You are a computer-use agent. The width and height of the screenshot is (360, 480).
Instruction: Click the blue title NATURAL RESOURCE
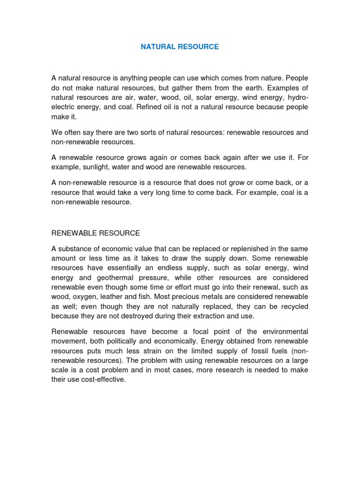[180, 47]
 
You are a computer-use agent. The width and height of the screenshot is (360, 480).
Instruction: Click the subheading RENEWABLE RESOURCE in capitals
[96, 233]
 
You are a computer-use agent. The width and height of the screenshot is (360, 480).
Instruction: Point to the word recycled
[292, 307]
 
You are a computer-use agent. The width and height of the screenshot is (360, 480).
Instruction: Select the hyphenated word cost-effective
[102, 381]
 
